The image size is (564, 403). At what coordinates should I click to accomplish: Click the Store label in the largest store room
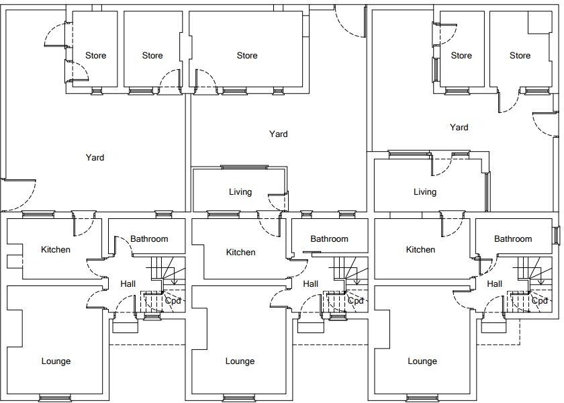click(x=247, y=56)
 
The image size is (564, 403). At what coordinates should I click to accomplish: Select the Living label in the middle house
click(x=240, y=192)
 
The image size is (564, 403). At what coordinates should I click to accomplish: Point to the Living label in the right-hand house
click(x=424, y=192)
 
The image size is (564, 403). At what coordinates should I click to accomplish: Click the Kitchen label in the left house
click(x=56, y=250)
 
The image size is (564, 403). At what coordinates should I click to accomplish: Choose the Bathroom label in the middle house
click(x=329, y=239)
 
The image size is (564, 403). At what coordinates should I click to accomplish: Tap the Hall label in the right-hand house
click(x=494, y=284)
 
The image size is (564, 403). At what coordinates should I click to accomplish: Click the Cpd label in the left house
click(x=173, y=300)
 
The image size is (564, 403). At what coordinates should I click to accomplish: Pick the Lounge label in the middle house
click(x=240, y=361)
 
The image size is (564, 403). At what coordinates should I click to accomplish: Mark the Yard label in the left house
click(x=95, y=158)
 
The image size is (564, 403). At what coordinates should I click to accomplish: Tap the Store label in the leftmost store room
click(x=95, y=56)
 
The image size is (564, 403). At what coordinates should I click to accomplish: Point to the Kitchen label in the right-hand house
click(x=420, y=250)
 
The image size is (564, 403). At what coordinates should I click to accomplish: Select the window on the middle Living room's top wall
click(x=244, y=167)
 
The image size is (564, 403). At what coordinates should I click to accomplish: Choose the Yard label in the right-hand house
click(x=459, y=128)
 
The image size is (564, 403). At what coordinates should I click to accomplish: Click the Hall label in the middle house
click(x=310, y=284)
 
